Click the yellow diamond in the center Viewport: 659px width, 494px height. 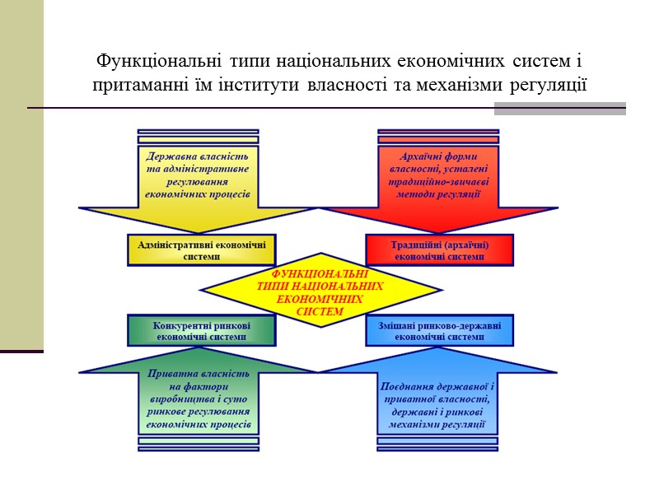321,291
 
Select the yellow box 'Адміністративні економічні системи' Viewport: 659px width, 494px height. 202,249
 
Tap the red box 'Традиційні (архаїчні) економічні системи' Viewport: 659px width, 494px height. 440,249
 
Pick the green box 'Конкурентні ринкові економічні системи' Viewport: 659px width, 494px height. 202,330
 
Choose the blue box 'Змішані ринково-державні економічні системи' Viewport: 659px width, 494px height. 440,330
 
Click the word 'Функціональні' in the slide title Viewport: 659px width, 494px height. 154,61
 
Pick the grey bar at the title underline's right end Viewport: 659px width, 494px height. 559,109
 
